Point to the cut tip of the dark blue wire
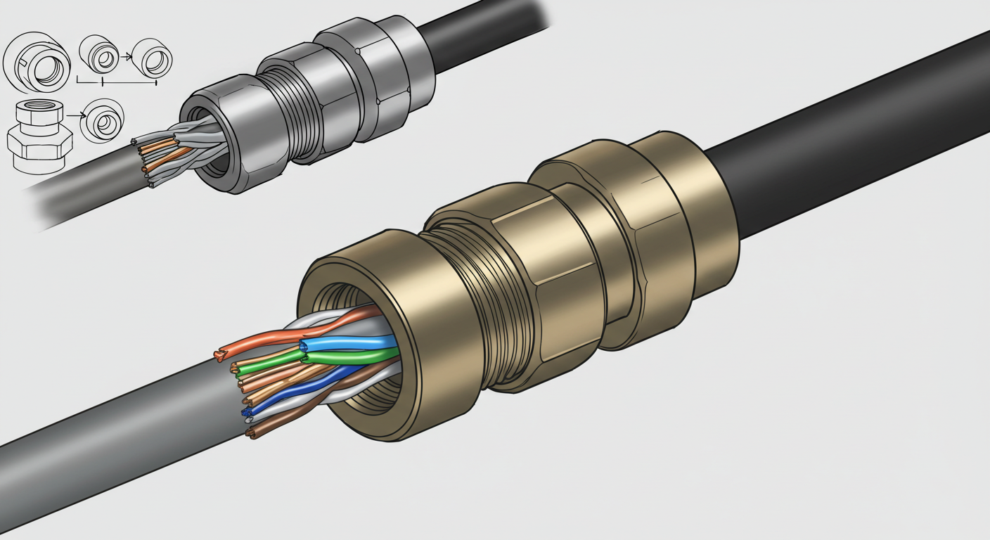coord(246,411)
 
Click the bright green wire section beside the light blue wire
coord(352,356)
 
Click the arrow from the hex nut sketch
coord(75,114)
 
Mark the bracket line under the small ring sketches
coord(116,83)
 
